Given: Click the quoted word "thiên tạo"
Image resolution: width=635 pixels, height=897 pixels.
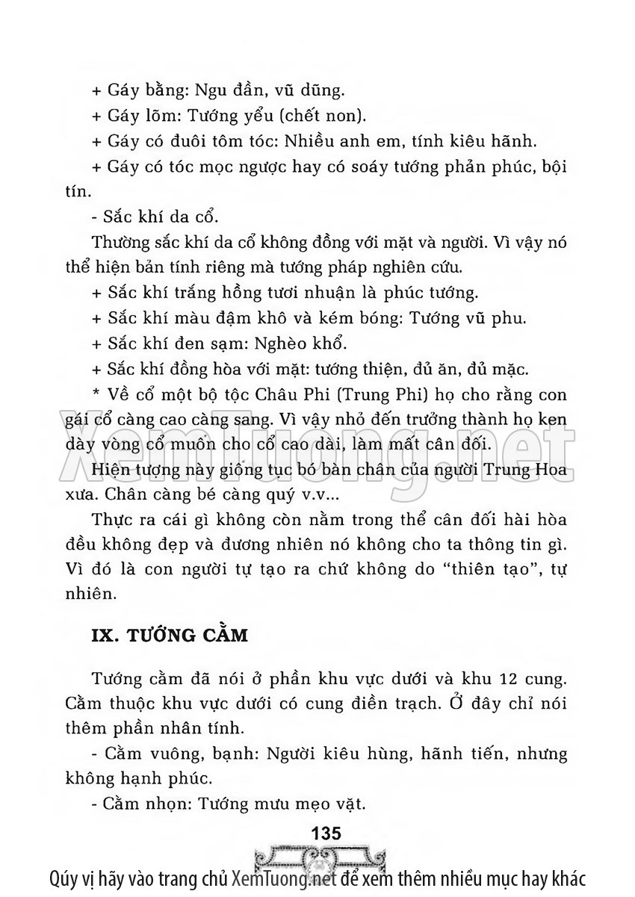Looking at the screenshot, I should (x=483, y=570).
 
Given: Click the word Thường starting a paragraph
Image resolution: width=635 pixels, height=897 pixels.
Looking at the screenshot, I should (x=117, y=242).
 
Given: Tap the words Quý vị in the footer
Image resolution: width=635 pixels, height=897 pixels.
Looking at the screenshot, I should (x=72, y=878).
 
